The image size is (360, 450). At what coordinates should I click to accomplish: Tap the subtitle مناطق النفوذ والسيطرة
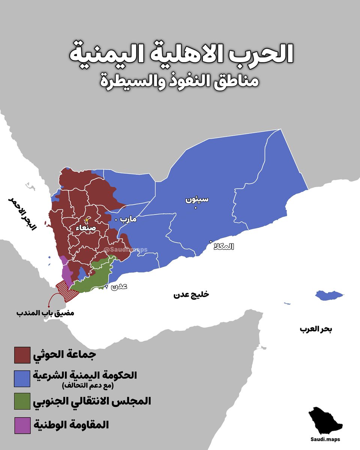180,81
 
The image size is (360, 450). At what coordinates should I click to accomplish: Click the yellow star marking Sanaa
87,220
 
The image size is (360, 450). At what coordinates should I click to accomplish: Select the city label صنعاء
88,227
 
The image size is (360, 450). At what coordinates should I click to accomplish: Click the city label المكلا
223,247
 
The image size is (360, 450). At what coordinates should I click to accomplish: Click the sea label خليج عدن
191,295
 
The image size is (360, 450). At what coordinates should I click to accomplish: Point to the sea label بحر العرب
316,329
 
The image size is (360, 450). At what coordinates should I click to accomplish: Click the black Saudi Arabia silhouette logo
325,421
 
